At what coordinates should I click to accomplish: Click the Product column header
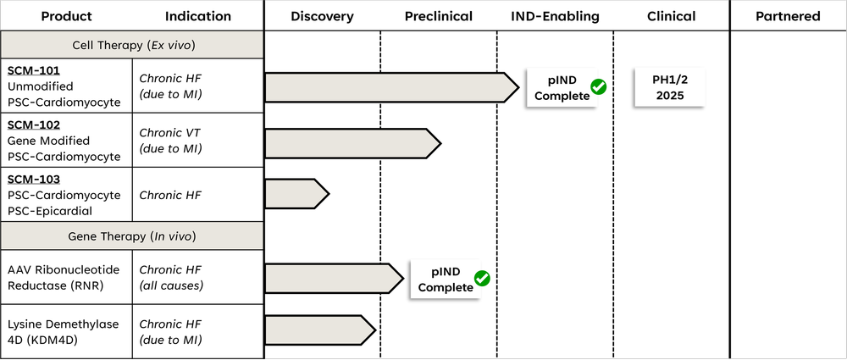66,16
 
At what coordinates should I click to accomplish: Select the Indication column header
198,16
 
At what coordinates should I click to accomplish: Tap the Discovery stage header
322,16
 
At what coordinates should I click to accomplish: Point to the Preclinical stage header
439,16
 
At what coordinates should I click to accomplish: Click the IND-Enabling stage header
555,16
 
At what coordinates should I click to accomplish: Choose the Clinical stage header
671,16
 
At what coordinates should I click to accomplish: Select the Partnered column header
788,16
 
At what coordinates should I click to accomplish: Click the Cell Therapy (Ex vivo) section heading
132,45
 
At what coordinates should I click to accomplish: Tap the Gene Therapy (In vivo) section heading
132,235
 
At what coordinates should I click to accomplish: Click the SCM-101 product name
35,71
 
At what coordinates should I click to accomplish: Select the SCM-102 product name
35,125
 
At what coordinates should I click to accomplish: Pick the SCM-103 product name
35,180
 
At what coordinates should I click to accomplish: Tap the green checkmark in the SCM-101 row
599,87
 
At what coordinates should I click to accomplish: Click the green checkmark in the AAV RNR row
482,279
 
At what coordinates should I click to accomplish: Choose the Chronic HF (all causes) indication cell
170,277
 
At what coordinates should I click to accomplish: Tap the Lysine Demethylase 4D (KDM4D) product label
64,332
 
